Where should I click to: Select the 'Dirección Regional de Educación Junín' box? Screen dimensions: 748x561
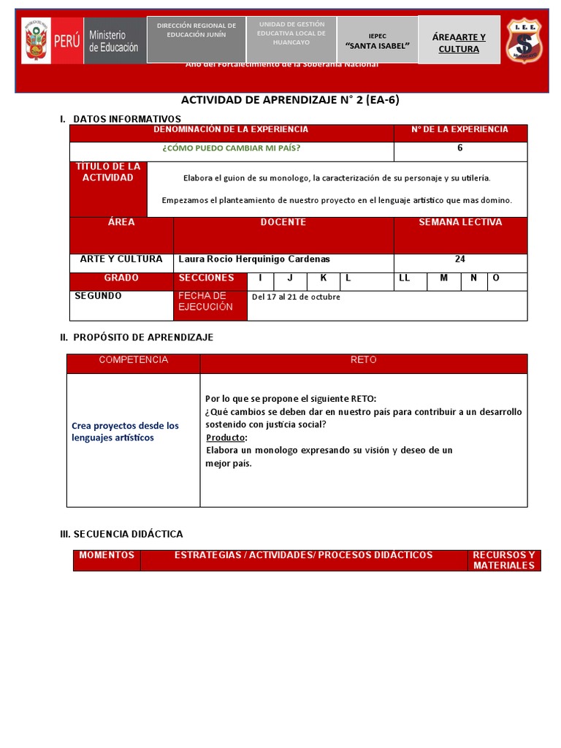[x=196, y=31]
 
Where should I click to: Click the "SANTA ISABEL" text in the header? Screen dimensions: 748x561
[x=377, y=46]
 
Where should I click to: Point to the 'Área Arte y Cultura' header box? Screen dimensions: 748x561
[x=459, y=43]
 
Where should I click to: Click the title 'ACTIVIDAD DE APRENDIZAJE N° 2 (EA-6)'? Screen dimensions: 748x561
[x=290, y=101]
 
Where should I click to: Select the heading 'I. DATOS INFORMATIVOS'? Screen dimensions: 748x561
[x=121, y=118]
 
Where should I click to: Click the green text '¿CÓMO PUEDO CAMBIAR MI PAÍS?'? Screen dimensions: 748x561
[x=232, y=148]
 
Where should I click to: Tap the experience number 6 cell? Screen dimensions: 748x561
[x=459, y=148]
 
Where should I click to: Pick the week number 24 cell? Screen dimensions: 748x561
[x=459, y=259]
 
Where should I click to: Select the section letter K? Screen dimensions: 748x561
[x=323, y=278]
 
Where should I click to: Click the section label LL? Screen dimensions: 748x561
[x=405, y=278]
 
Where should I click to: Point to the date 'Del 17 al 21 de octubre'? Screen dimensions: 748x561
[x=296, y=297]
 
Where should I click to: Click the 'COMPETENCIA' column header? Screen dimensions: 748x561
[x=133, y=360]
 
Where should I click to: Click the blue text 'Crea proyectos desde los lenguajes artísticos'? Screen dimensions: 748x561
[x=125, y=432]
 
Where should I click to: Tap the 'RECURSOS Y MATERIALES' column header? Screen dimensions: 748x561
[x=504, y=560]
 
